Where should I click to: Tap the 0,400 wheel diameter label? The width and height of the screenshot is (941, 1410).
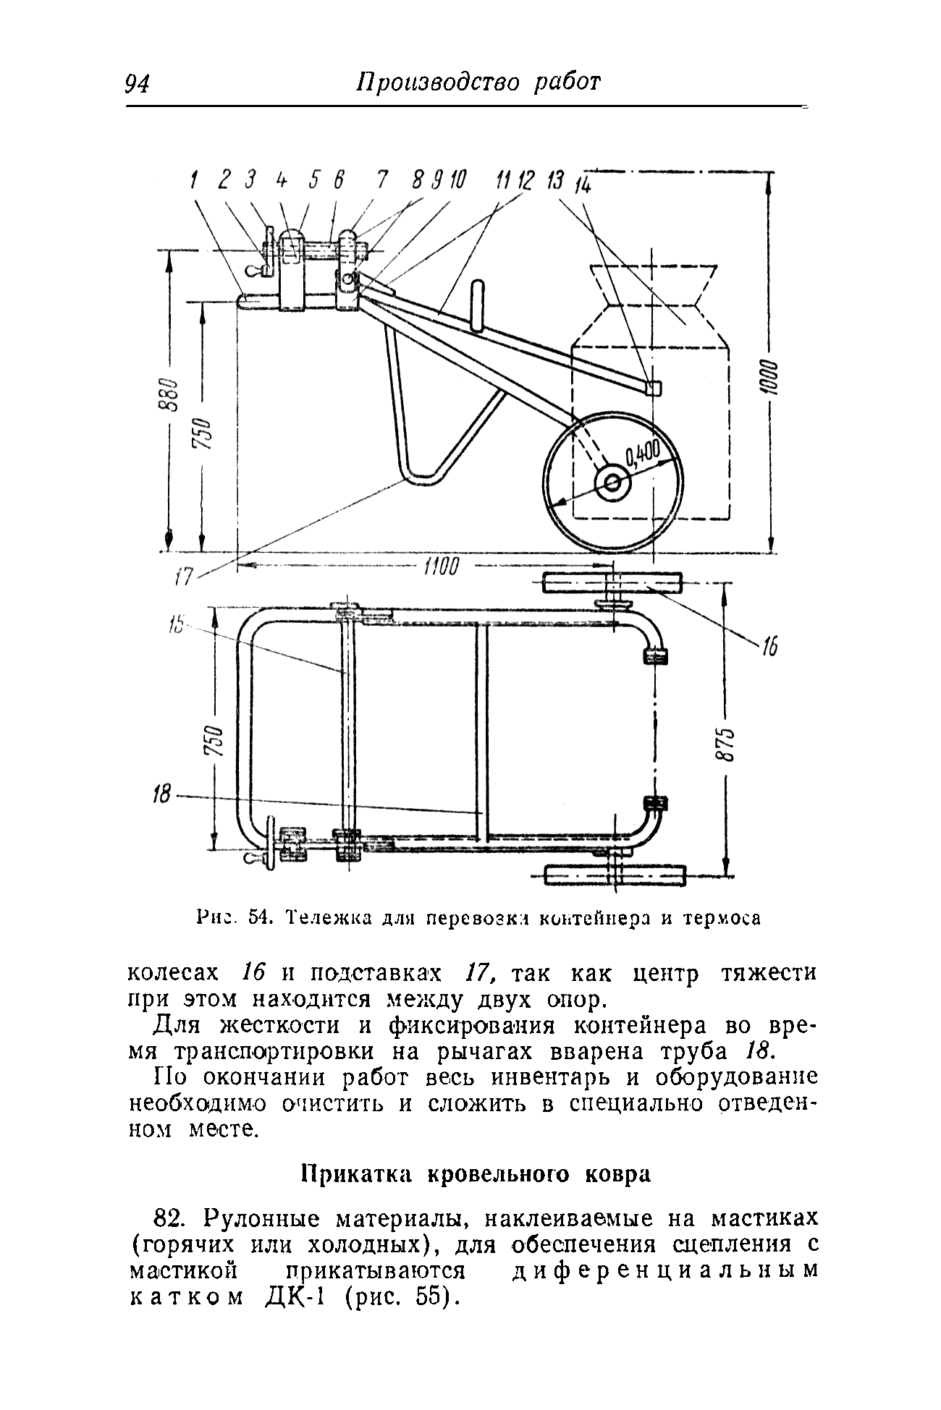pos(643,455)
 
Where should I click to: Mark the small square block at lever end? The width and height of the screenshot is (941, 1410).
pos(653,388)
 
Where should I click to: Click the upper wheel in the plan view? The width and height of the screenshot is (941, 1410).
pos(612,582)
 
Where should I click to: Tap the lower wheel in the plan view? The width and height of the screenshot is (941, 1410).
pos(614,875)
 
